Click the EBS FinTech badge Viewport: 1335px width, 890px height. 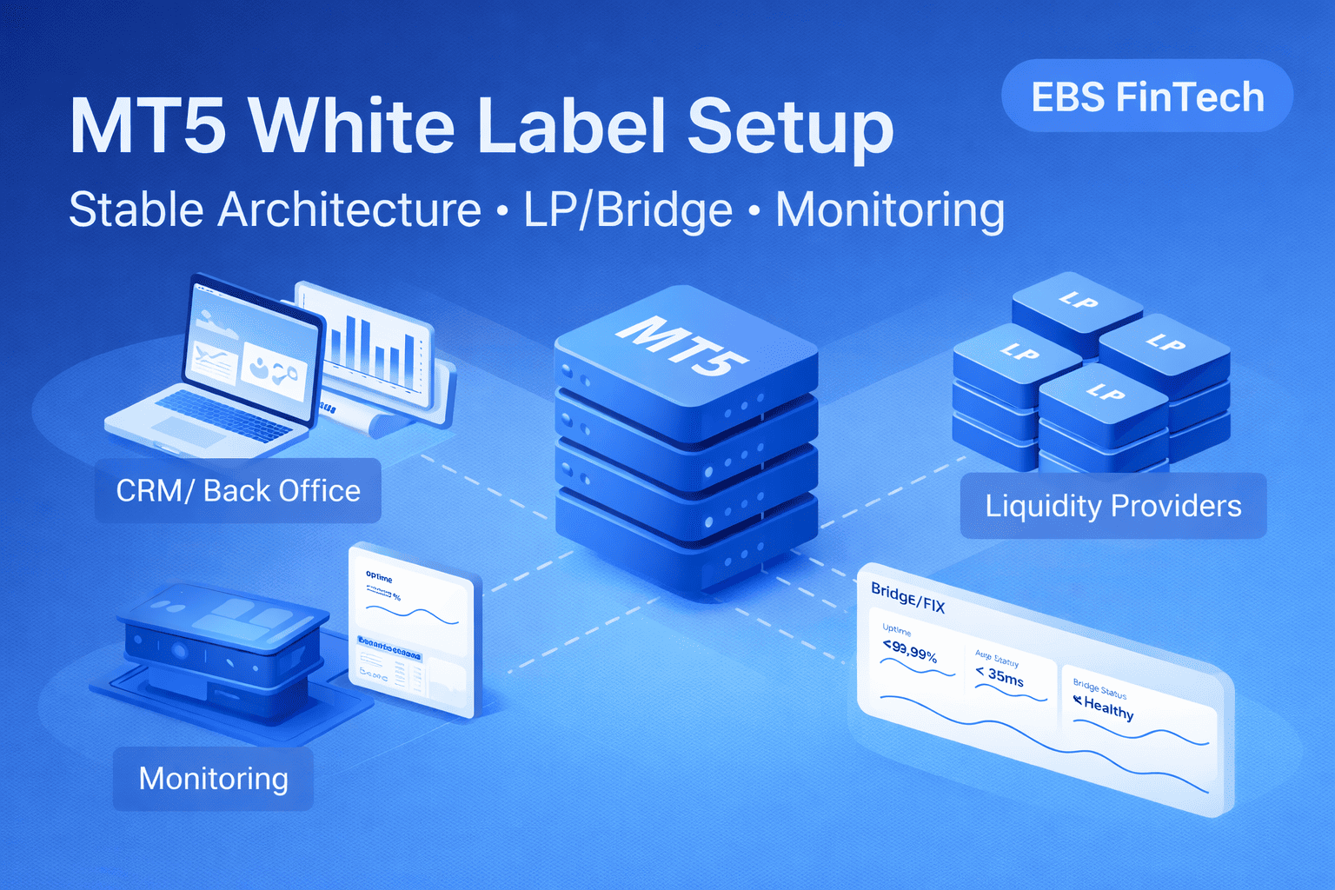click(1147, 96)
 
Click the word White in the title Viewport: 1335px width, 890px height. click(352, 126)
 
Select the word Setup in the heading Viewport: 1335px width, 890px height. click(791, 128)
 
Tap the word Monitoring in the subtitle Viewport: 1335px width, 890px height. click(890, 210)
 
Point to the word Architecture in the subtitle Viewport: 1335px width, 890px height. click(349, 210)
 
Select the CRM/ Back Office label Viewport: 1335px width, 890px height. click(238, 491)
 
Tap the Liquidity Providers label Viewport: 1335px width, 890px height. click(1112, 506)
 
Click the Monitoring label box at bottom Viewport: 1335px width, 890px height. click(213, 779)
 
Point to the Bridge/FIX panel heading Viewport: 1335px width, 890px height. click(907, 597)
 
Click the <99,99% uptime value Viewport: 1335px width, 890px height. click(909, 651)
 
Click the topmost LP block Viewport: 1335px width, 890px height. click(1078, 304)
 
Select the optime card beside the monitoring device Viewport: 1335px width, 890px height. click(411, 630)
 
